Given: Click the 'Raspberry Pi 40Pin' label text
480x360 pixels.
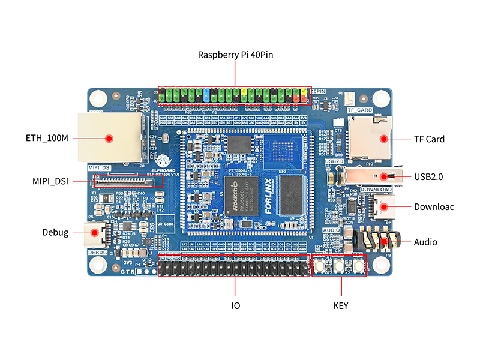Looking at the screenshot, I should (x=235, y=55).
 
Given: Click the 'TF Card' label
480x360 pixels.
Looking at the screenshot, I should (x=429, y=139).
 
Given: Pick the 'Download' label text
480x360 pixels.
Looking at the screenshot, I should (x=434, y=207).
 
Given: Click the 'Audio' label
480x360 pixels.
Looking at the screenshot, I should (x=425, y=242).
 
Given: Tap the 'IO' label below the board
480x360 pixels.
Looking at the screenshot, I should (x=236, y=305).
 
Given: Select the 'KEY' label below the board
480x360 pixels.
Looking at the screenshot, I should (x=340, y=305).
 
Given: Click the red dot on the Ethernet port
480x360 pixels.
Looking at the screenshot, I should (x=109, y=139).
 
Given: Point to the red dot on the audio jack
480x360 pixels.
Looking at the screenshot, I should (x=382, y=242).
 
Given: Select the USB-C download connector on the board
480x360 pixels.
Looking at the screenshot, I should (x=382, y=207).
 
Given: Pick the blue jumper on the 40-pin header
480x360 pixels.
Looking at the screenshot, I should (x=206, y=95).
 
